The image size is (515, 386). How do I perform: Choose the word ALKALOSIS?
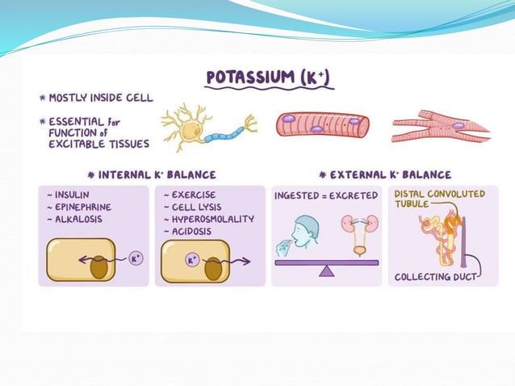point(78,220)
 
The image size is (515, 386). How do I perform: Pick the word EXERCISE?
point(196,195)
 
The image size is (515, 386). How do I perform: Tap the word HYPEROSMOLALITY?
point(212,219)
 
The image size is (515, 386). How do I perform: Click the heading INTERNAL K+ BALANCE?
point(157,174)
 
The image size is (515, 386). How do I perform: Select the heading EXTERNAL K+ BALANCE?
point(391,174)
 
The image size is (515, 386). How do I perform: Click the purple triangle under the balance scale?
point(326,271)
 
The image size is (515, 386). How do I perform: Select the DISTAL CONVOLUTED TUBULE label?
point(440,199)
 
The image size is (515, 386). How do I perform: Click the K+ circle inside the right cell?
point(193,262)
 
